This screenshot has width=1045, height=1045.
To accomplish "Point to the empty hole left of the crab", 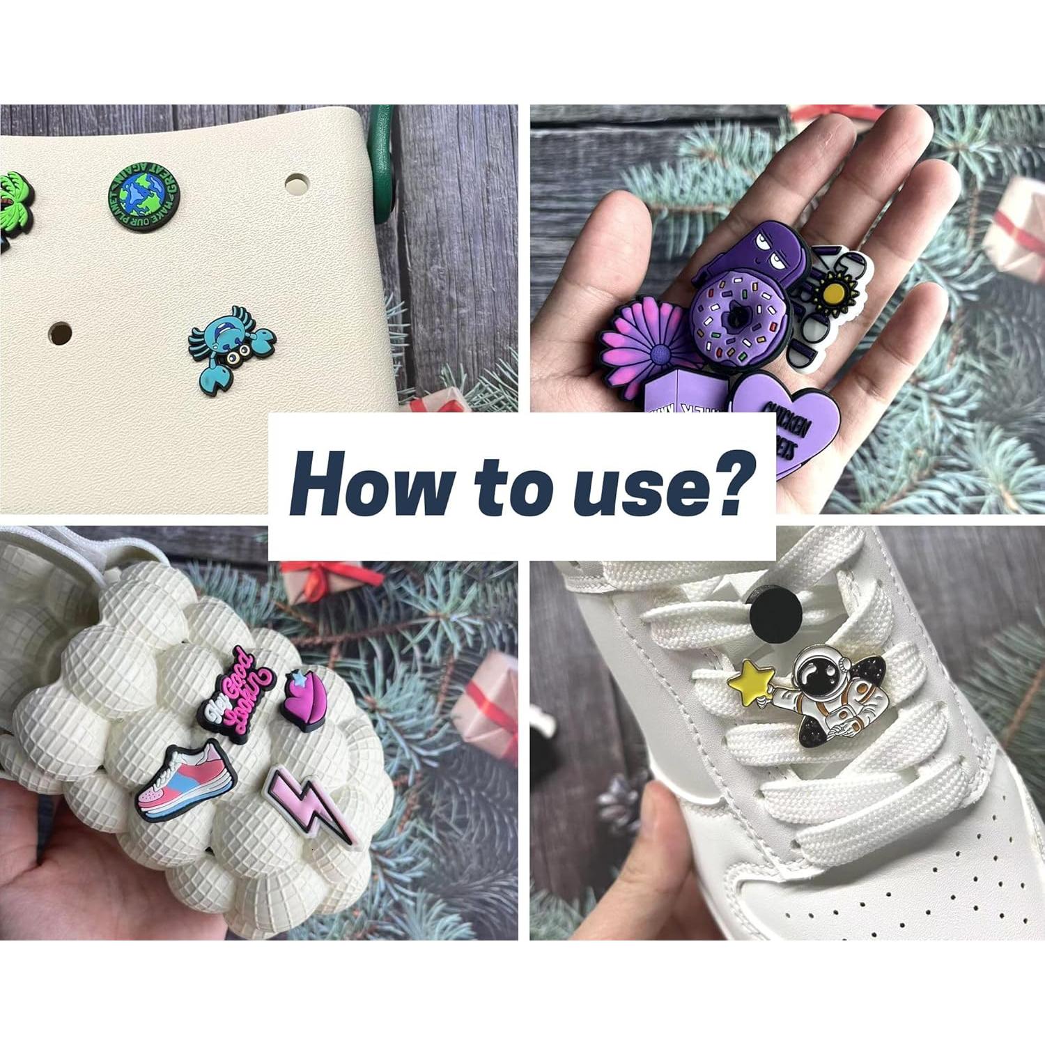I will coord(60,333).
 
